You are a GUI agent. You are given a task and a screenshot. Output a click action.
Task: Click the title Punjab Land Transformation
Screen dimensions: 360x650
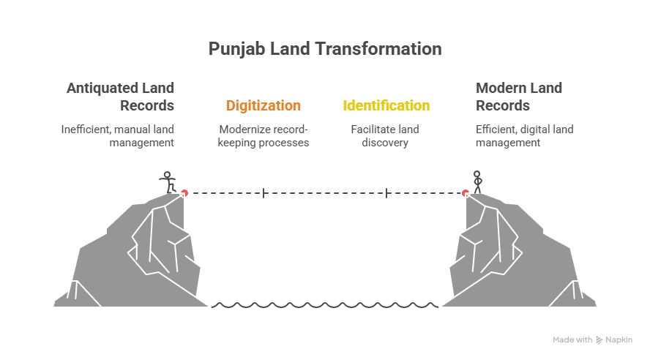tap(324, 49)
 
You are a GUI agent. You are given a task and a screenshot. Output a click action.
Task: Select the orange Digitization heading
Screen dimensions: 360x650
tap(264, 105)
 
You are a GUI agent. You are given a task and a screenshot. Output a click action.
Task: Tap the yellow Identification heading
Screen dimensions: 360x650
tap(386, 105)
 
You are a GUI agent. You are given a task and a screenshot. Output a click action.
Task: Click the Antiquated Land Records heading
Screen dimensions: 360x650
tap(121, 97)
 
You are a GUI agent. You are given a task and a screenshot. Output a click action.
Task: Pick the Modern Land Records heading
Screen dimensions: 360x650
tap(519, 97)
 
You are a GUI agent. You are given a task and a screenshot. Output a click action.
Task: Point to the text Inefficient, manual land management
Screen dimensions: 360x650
tap(117, 136)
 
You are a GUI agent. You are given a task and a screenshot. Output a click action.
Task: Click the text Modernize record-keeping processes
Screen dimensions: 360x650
tap(264, 136)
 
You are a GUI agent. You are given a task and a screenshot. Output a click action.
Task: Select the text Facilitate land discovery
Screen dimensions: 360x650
tap(386, 136)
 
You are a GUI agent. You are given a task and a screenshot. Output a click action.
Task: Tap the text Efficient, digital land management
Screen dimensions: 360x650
tap(525, 136)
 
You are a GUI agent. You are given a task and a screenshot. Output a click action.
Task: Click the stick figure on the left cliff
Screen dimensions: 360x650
tap(168, 181)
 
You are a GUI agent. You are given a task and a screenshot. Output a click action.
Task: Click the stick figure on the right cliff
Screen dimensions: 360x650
tap(478, 181)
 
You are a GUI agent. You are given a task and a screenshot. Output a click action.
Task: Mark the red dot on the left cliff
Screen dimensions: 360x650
tap(184, 193)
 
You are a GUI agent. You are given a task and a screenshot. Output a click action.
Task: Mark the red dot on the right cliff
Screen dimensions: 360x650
tap(465, 193)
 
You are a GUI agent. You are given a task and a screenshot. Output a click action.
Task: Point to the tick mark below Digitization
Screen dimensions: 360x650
tap(264, 193)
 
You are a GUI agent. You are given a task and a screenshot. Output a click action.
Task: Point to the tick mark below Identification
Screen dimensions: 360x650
tap(386, 193)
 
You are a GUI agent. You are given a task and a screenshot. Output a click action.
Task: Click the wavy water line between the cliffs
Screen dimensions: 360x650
tap(324, 305)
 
